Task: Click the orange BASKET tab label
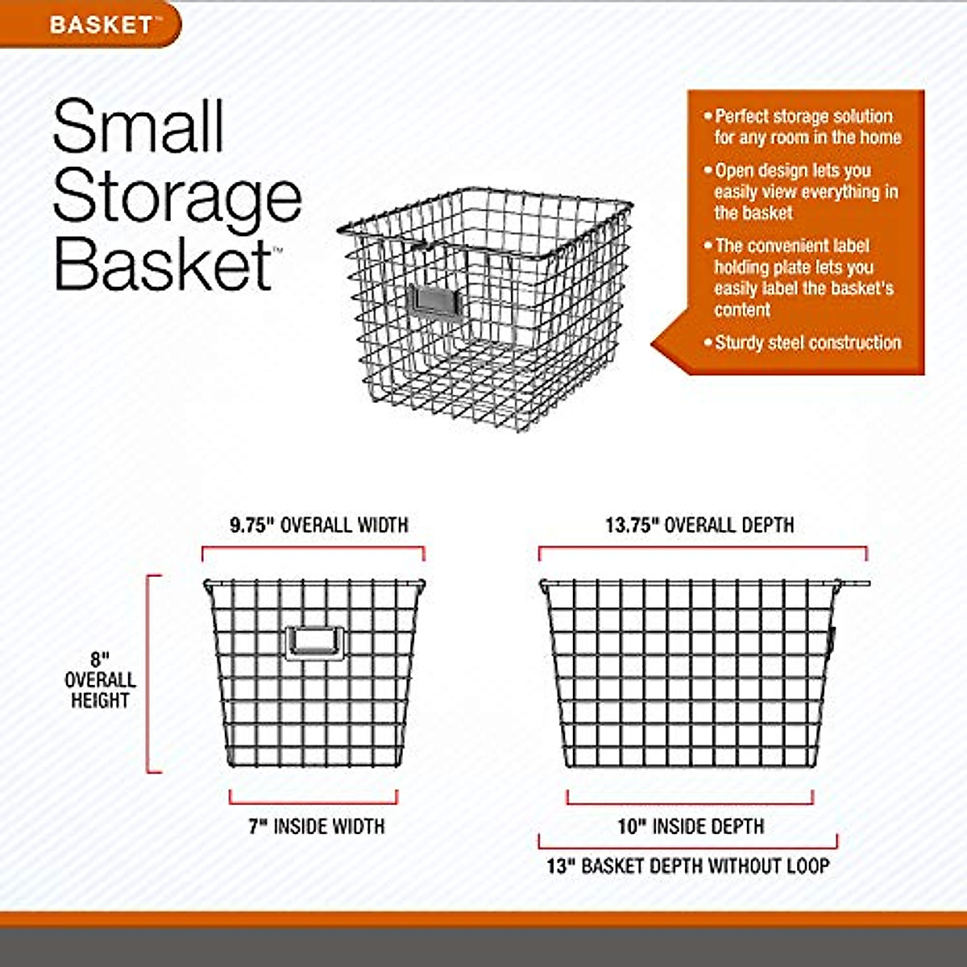[x=101, y=24]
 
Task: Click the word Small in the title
[x=139, y=127]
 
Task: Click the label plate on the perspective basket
[x=433, y=303]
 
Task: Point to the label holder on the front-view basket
[x=314, y=642]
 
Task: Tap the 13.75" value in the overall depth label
[x=633, y=525]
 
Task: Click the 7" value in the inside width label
[x=258, y=827]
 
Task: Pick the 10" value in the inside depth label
[x=633, y=827]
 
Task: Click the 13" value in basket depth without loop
[x=562, y=867]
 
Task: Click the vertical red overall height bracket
[x=150, y=674]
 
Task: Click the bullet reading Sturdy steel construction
[x=807, y=343]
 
